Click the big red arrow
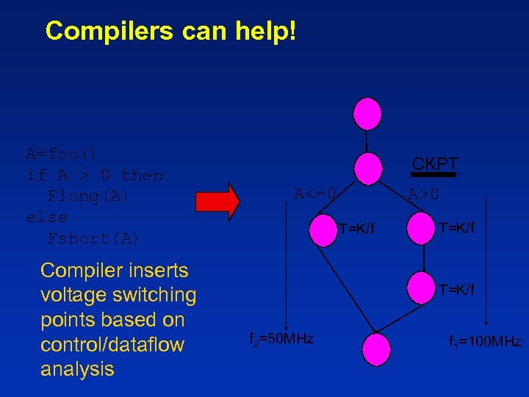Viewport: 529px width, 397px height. pyautogui.click(x=218, y=201)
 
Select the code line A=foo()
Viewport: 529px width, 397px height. pyautogui.click(x=62, y=154)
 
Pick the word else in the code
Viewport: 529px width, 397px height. pyautogui.click(x=46, y=218)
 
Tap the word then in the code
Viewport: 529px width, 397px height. pyautogui.click(x=142, y=176)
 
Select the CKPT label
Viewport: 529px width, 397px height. pyautogui.click(x=435, y=164)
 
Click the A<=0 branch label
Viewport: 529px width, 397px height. pyautogui.click(x=315, y=194)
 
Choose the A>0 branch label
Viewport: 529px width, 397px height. pyautogui.click(x=424, y=195)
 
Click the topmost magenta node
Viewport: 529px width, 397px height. pyautogui.click(x=367, y=113)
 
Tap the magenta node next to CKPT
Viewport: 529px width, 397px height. pyautogui.click(x=367, y=168)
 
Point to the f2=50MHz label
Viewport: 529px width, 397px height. pyautogui.click(x=281, y=339)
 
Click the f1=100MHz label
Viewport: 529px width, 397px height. pyautogui.click(x=485, y=341)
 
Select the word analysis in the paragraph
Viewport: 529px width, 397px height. pyautogui.click(x=77, y=369)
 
